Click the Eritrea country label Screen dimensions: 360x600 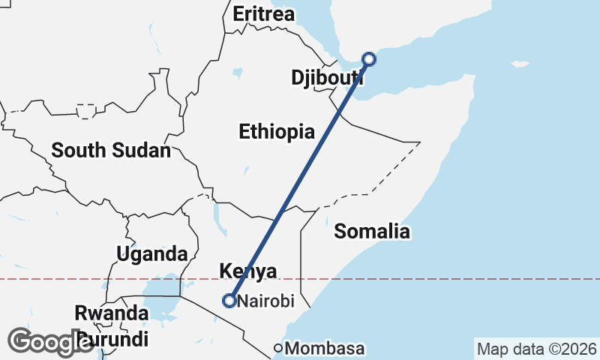(x=264, y=14)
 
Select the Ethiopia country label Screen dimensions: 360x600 (x=277, y=132)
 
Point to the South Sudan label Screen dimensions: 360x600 (x=111, y=150)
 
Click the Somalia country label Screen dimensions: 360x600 (x=372, y=231)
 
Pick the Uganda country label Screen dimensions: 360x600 (x=151, y=253)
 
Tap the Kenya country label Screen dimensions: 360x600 (x=247, y=271)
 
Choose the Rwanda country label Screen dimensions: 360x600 (x=111, y=312)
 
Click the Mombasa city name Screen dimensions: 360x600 (x=325, y=349)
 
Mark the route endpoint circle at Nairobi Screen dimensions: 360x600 (x=229, y=301)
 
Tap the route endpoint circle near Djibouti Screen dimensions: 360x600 (x=368, y=58)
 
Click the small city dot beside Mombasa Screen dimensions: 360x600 (x=278, y=348)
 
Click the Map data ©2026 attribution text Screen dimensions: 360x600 (x=537, y=349)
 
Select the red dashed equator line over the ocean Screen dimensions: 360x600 (x=487, y=279)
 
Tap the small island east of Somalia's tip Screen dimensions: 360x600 (x=519, y=64)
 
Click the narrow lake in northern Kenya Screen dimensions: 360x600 (x=217, y=217)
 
